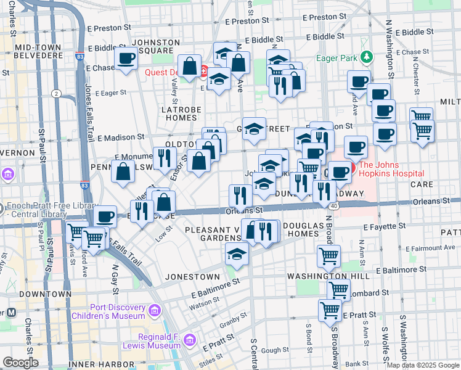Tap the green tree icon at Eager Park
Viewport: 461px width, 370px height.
coord(367,57)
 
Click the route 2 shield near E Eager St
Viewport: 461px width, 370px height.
coord(56,93)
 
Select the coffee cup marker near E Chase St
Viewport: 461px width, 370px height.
coord(126,59)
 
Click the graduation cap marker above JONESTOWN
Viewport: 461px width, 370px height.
coord(237,253)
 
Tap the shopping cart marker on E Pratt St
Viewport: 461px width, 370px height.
coord(330,310)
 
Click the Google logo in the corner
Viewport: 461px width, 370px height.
coord(21,363)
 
